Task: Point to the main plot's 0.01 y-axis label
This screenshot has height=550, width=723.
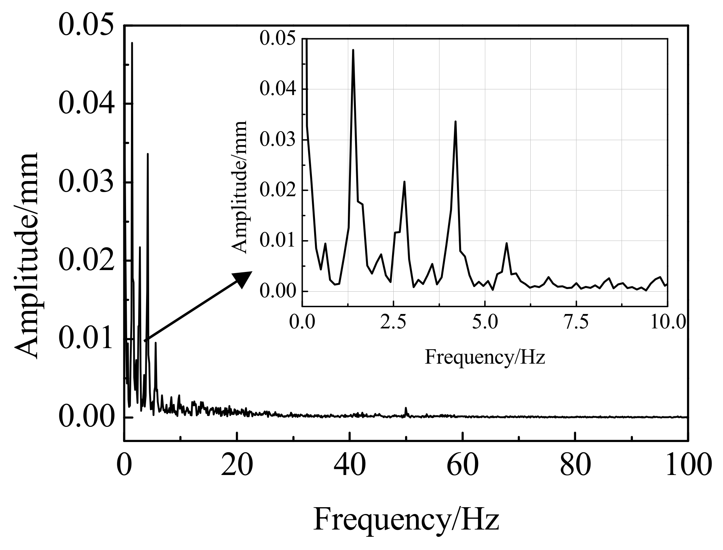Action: coord(86,339)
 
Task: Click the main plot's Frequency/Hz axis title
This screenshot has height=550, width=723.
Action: coord(406,520)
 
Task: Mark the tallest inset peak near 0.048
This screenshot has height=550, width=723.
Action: coord(353,50)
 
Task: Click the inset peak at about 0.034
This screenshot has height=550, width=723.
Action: coord(455,122)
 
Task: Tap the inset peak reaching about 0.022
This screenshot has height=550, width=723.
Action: coord(404,182)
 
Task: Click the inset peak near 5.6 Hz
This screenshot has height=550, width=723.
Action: coord(506,244)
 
